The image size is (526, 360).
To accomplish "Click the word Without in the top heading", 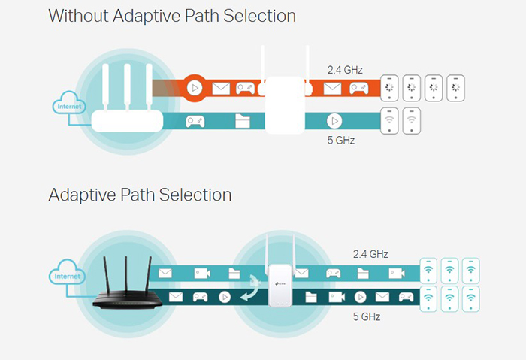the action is [78, 16].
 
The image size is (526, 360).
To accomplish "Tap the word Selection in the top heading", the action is [259, 16].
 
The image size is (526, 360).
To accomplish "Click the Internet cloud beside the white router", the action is [69, 103].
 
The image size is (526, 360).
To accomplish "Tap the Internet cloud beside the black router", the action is [67, 272].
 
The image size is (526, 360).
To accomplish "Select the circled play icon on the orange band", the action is [195, 88].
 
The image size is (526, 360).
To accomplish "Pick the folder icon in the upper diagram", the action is [242, 121].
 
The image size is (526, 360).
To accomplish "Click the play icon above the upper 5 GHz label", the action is [334, 121].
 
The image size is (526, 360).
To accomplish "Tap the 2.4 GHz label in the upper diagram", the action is [345, 70].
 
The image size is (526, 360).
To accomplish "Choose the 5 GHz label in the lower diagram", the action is [367, 316].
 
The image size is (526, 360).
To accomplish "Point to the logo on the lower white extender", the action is [280, 284].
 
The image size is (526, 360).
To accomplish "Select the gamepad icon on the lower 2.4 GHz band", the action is [333, 273].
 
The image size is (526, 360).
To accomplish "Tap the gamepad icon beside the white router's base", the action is [195, 122].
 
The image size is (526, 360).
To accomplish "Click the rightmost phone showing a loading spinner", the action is [455, 88].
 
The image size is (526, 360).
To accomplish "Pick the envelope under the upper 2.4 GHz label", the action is [332, 89].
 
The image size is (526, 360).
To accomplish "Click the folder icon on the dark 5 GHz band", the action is [311, 297].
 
